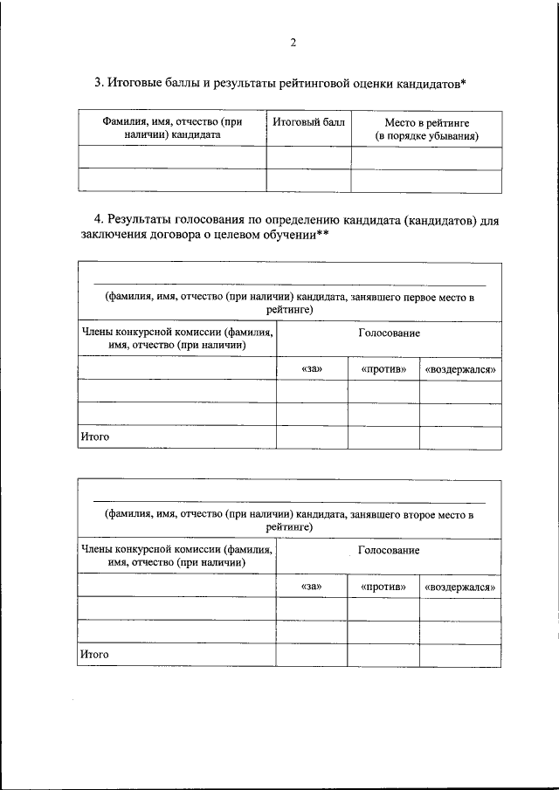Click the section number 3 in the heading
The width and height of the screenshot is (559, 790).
[x=98, y=83]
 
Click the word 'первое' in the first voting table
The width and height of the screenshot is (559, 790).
[x=422, y=297]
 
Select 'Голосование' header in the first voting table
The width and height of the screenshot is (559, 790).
[x=389, y=333]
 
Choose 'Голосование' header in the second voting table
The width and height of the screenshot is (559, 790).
[x=389, y=550]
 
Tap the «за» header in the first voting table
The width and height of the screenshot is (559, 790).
[x=312, y=369]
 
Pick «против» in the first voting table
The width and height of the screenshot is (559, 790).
[x=383, y=369]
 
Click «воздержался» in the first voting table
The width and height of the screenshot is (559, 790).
[x=460, y=369]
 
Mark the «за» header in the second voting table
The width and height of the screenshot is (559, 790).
[x=312, y=587]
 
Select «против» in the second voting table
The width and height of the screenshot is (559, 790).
[x=383, y=587]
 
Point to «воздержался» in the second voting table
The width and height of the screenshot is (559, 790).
[x=460, y=587]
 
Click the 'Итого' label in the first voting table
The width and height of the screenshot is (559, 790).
[x=94, y=436]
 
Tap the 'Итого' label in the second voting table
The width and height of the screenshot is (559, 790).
[x=94, y=653]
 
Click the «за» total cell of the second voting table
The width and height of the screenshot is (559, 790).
[x=312, y=654]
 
